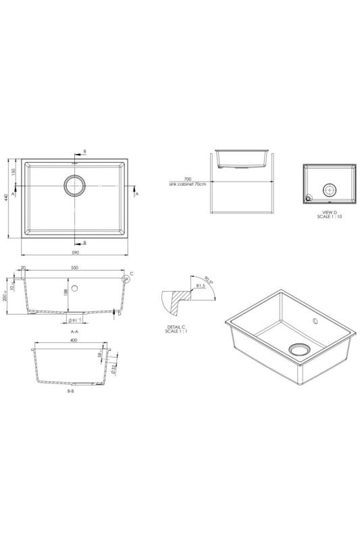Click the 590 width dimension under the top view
75,252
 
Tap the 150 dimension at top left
14,171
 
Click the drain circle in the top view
75,184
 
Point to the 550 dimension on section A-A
74,269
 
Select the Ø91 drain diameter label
74,320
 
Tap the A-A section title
74,332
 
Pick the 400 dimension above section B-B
73,341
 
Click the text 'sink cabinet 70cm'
188,184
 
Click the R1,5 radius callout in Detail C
201,286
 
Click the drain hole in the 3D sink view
298,349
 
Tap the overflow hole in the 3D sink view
315,319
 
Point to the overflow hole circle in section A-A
74,288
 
